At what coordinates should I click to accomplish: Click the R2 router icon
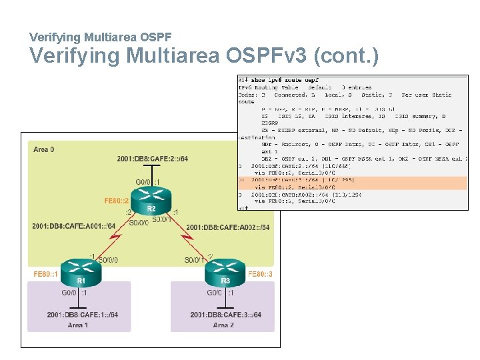point(151,198)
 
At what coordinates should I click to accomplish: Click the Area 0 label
point(43,149)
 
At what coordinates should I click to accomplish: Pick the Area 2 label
point(223,325)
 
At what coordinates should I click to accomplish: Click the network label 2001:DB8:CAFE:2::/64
point(152,159)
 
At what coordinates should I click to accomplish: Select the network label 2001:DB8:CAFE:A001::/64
point(74,226)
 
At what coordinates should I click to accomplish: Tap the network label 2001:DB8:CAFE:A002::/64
point(228,227)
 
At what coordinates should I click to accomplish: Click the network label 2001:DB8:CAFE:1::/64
point(83,314)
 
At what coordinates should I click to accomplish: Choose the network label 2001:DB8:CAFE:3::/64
point(225,314)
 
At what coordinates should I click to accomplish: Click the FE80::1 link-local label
point(46,274)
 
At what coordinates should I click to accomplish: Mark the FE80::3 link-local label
point(259,273)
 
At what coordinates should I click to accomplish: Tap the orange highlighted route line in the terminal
point(353,183)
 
